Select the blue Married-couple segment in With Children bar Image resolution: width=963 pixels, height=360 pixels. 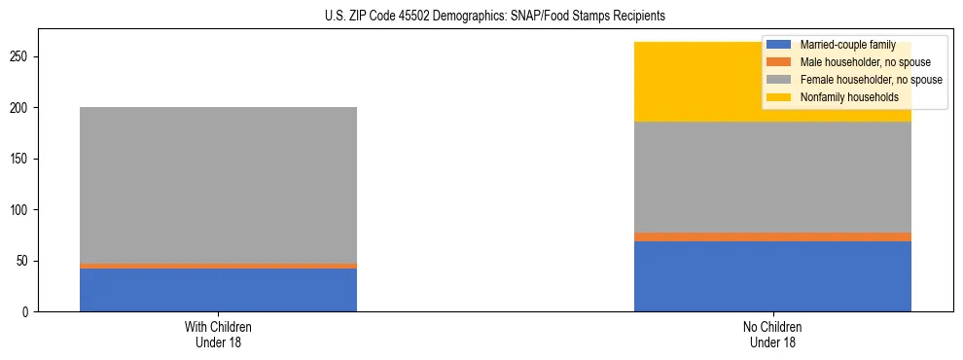(x=218, y=289)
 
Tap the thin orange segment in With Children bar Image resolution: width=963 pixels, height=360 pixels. (x=218, y=266)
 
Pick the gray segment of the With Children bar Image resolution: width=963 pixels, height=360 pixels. (x=218, y=185)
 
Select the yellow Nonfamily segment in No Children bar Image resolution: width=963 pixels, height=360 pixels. (x=700, y=82)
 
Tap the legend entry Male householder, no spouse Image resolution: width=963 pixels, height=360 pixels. (x=858, y=62)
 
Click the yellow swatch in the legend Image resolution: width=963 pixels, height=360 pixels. (x=779, y=97)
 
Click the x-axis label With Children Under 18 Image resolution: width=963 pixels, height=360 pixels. (x=218, y=334)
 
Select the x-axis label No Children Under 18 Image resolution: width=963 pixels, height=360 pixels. (x=772, y=334)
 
